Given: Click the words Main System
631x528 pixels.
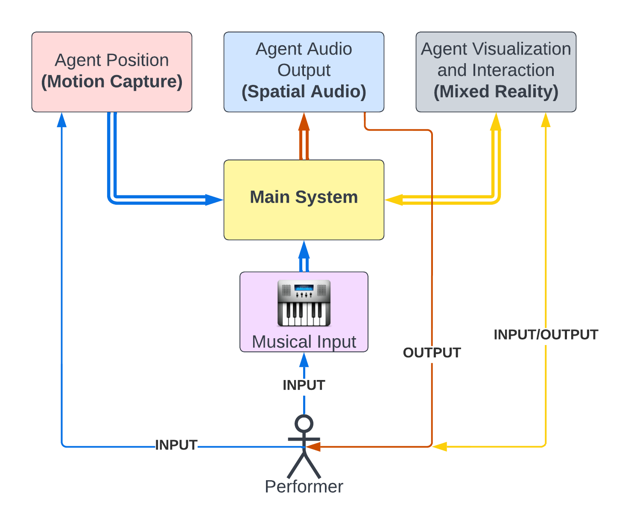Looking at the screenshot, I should [304, 197].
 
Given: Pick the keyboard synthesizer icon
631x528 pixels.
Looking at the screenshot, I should [304, 303].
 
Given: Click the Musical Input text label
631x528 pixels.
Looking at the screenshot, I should [304, 342].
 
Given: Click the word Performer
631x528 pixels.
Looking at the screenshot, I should [304, 486].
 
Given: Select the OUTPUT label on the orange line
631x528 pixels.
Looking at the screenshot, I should [432, 353].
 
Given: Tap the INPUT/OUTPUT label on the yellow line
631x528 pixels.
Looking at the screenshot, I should [546, 335].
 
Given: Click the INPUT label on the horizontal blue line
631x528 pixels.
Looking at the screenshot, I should [176, 445].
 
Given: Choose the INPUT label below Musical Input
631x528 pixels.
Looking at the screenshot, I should [304, 385].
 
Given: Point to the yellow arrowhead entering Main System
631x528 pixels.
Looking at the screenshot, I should [394, 200].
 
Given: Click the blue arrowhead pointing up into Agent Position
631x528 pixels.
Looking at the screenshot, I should [62, 120].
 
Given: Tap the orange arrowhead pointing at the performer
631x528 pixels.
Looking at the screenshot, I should [313, 447].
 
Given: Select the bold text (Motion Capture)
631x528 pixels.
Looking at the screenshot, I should [111, 81].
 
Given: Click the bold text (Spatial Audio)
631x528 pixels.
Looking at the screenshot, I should [304, 92].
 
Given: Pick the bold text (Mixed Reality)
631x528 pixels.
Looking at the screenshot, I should [496, 92].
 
